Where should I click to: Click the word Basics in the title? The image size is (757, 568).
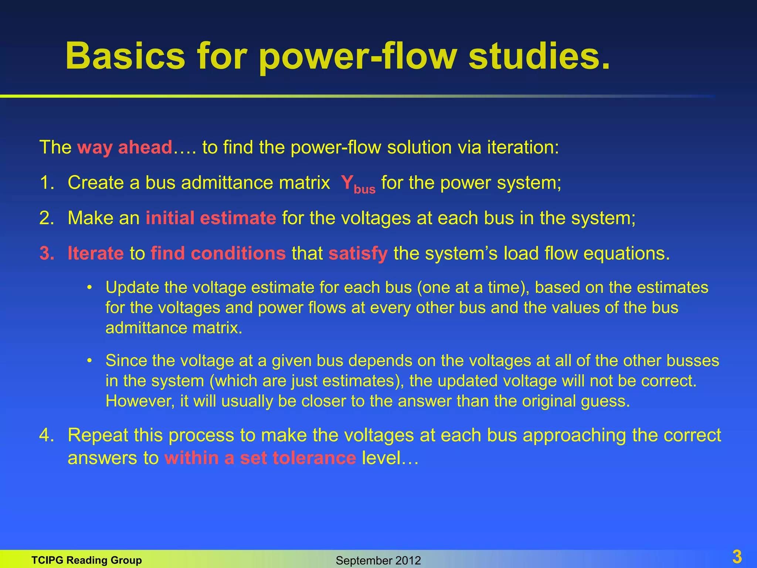click(x=125, y=56)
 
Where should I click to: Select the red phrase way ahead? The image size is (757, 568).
click(x=125, y=147)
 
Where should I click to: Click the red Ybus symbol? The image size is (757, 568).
click(x=357, y=184)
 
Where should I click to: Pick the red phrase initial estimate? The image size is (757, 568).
click(x=211, y=218)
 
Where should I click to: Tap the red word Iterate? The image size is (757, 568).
click(x=95, y=254)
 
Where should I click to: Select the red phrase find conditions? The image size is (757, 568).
click(x=218, y=254)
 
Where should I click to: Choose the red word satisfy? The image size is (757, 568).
click(x=358, y=254)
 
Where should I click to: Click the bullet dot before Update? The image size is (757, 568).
click(x=89, y=288)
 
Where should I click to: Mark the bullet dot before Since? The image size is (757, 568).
click(x=89, y=361)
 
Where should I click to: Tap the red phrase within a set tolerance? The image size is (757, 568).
click(x=260, y=458)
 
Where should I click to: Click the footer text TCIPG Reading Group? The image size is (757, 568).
click(x=86, y=560)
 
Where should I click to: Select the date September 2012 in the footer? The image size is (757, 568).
click(x=378, y=561)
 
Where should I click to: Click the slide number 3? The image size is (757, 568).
click(x=737, y=557)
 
